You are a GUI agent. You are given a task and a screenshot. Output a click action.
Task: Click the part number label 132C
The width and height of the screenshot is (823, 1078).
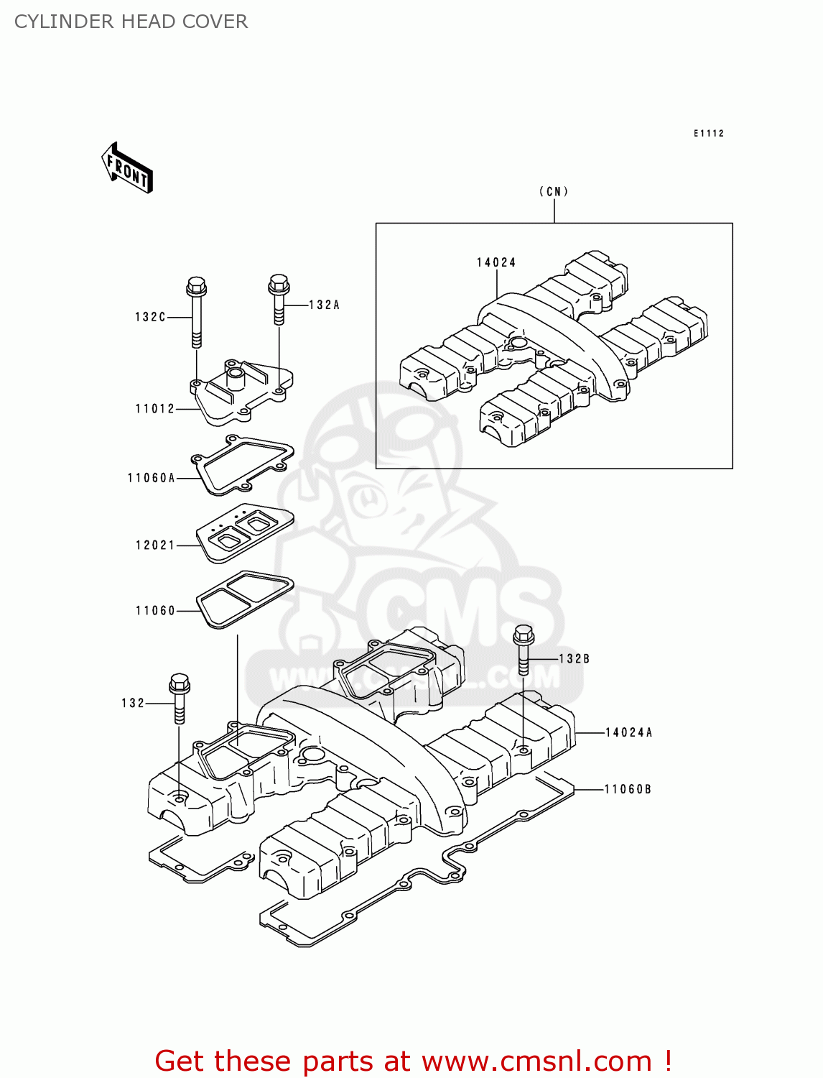(x=150, y=317)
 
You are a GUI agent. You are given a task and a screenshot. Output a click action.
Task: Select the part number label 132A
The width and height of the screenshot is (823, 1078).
(x=324, y=305)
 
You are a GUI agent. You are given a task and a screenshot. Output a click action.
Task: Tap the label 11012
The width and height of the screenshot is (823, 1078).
(x=155, y=409)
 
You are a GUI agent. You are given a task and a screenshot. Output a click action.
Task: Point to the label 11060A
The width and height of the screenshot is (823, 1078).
(x=151, y=478)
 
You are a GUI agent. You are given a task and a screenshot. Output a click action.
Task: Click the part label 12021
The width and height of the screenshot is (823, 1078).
(x=155, y=545)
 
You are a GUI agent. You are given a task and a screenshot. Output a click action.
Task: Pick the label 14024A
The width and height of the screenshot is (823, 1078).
(x=629, y=733)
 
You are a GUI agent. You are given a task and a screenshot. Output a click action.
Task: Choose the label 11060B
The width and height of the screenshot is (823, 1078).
(x=628, y=789)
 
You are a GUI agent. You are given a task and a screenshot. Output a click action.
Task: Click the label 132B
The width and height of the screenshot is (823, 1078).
(x=574, y=659)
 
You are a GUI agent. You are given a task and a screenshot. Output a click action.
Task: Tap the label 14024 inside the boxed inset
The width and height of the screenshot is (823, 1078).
(x=496, y=263)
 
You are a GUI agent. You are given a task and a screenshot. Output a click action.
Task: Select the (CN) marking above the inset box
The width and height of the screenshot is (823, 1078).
(x=554, y=192)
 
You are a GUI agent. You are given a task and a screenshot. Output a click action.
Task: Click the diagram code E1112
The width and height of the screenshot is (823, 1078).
(x=709, y=134)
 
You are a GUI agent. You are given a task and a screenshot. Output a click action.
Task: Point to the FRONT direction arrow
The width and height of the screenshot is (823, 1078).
(x=128, y=168)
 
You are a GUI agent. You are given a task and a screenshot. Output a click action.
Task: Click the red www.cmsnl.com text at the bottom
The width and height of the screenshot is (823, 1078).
(x=536, y=1061)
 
